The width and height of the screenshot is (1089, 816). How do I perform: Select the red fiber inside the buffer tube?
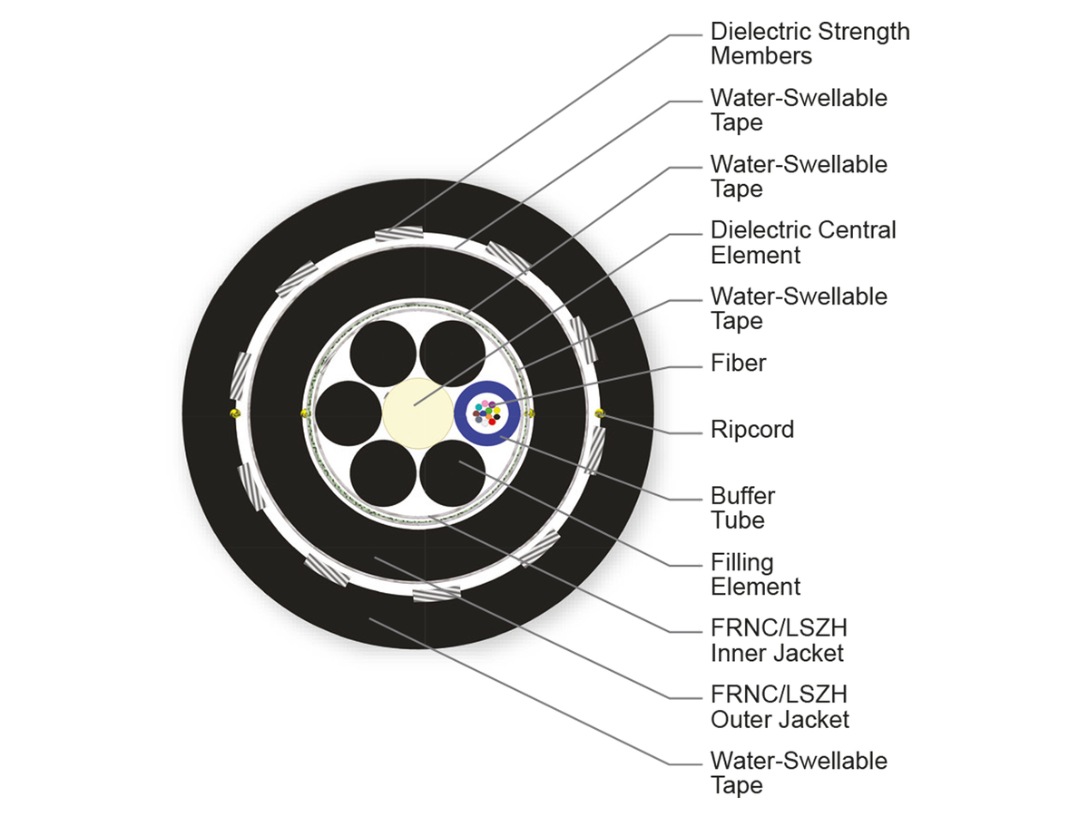[x=492, y=422]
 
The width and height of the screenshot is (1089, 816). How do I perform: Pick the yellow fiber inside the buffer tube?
[x=497, y=411]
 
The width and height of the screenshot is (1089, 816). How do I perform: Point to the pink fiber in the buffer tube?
[x=485, y=403]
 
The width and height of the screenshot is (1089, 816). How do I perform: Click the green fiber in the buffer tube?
[x=489, y=411]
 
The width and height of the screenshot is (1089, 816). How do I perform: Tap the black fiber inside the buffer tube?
[x=497, y=417]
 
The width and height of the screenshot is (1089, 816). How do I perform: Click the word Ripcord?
[x=751, y=429]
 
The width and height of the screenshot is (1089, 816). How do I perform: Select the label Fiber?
[x=738, y=363]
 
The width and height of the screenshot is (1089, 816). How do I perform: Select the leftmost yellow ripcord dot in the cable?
[x=234, y=413]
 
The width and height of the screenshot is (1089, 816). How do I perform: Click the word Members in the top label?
[x=760, y=55]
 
